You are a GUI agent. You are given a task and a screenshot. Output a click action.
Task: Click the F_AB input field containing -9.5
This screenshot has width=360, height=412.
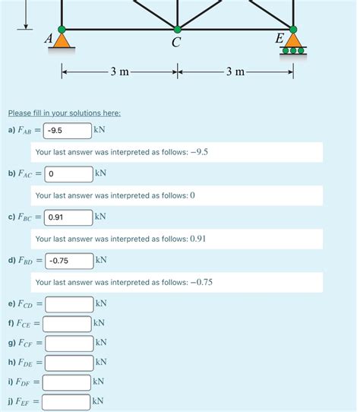point(68,131)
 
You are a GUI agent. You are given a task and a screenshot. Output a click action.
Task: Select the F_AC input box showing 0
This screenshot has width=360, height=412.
point(68,174)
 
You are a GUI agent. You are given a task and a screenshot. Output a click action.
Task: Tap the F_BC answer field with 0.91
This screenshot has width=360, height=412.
point(68,217)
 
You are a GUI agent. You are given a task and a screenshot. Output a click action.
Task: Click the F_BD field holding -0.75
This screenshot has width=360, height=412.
point(68,261)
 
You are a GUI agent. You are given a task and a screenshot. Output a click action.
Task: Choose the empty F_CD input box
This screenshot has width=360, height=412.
point(68,304)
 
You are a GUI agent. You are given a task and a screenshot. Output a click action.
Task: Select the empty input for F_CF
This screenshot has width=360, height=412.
point(68,343)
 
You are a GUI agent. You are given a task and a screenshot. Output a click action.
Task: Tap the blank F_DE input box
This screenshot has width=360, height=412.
point(68,363)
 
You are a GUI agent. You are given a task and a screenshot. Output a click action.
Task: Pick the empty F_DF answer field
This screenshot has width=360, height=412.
point(66,382)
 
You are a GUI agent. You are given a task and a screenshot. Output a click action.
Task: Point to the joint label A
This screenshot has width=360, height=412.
point(49,38)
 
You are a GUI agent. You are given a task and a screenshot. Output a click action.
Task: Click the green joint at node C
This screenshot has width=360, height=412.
point(176,30)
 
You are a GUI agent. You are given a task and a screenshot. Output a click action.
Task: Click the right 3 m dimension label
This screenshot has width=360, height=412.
point(235,72)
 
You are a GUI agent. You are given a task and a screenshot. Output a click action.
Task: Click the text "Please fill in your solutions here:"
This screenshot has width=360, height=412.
point(64,113)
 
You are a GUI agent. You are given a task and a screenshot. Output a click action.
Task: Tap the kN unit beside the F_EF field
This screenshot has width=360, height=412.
point(97,401)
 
